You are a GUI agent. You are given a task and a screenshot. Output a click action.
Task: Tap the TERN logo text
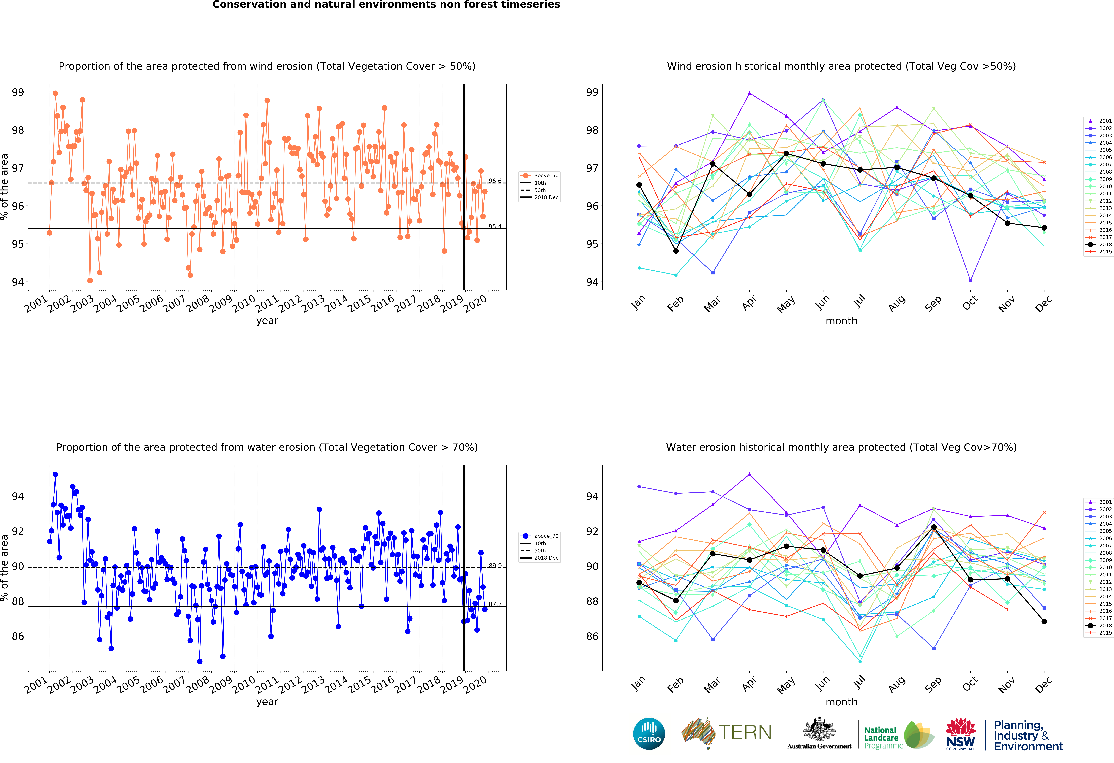click(744, 732)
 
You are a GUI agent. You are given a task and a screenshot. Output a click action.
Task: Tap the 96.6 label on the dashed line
click(495, 181)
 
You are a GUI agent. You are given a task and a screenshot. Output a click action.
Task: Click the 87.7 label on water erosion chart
click(495, 604)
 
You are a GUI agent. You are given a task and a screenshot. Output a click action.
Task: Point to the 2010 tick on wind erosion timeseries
click(243, 303)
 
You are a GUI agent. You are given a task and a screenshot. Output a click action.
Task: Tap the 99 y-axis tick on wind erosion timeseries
click(18, 92)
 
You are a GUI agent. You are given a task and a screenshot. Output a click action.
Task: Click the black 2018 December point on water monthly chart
click(1044, 621)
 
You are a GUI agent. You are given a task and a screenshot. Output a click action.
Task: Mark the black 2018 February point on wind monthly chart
click(676, 251)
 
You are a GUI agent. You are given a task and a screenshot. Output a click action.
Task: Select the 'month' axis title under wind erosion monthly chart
click(841, 321)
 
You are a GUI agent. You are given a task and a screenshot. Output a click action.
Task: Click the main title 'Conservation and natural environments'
click(386, 5)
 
